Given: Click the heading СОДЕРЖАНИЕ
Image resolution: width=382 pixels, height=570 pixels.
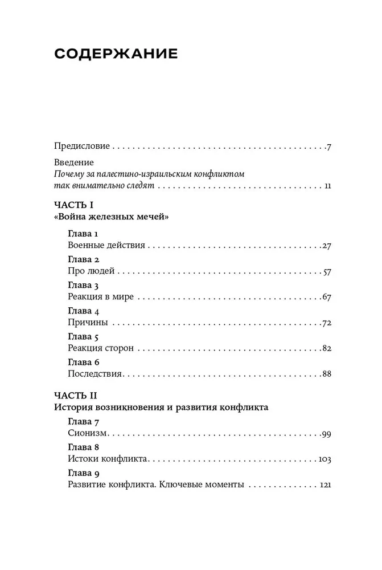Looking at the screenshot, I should click(116, 54).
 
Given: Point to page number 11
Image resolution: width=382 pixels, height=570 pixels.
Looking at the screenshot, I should click(326, 187).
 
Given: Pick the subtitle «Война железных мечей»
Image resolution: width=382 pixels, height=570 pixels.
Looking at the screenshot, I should click(112, 217).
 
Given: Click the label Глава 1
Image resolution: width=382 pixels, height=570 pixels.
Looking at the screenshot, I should click(83, 234).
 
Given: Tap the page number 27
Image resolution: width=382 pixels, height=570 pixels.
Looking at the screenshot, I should click(326, 246).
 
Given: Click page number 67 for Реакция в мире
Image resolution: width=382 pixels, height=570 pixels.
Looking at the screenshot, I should click(326, 297).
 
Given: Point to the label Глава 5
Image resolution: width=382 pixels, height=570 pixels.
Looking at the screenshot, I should click(84, 336).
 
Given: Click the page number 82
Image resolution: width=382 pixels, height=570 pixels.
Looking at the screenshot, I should click(326, 349).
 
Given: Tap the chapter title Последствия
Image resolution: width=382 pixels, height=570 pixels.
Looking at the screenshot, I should click(95, 374).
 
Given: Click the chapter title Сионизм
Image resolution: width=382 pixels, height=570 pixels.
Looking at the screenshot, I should click(88, 434).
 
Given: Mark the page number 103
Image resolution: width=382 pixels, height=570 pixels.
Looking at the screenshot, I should click(325, 459).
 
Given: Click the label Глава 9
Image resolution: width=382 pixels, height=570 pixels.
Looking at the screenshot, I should click(84, 473).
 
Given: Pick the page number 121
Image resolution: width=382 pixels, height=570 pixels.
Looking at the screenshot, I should click(325, 485).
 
